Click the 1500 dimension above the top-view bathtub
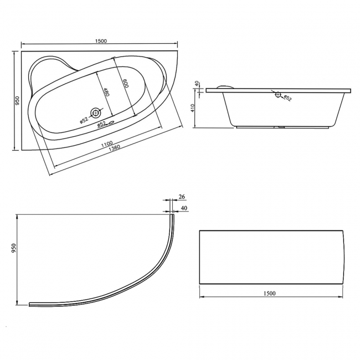pos(100,40)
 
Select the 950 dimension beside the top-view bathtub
pos(17,100)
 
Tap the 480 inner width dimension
pos(106,91)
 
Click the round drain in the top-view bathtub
pos(96,113)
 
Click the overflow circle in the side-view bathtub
pos(278,95)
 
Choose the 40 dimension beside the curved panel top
pos(184,208)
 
